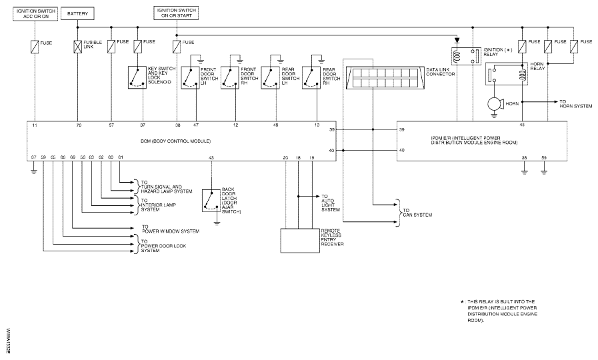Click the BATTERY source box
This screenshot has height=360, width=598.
click(77, 14)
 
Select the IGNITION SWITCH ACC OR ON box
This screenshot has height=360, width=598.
click(36, 14)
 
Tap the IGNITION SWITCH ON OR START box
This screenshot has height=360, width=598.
click(176, 13)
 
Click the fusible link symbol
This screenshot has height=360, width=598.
click(77, 47)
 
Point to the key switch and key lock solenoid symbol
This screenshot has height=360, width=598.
click(137, 78)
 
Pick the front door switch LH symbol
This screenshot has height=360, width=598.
click(190, 78)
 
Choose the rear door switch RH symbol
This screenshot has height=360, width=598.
click(311, 78)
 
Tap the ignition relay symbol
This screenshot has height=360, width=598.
click(465, 57)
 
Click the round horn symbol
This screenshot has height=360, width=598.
click(496, 104)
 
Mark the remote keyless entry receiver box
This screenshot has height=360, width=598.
click(300, 241)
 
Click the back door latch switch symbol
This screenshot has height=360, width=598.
click(211, 201)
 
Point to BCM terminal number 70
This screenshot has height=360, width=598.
click(79, 125)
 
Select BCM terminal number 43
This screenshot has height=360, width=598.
click(211, 157)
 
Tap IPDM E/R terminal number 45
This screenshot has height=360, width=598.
click(522, 125)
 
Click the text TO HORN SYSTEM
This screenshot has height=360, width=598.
click(575, 104)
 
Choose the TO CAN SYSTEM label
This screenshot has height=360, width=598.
click(417, 213)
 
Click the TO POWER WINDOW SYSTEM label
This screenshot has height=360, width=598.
click(171, 229)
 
